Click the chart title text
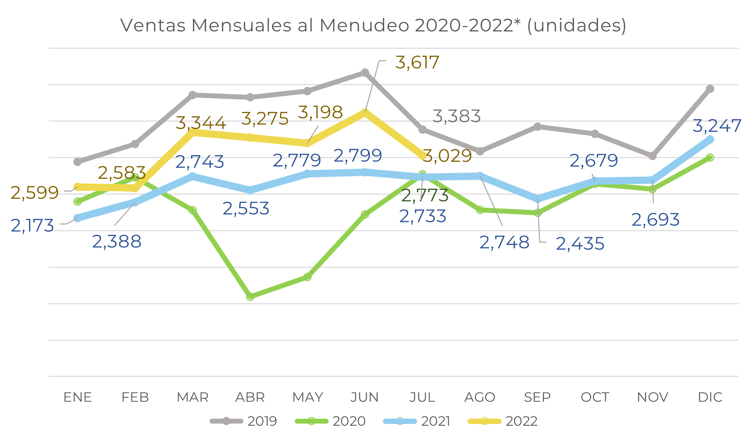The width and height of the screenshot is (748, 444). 373,26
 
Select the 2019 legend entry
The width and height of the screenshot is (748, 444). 244,421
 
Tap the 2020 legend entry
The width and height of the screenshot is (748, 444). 330,421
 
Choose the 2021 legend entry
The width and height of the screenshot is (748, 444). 417,421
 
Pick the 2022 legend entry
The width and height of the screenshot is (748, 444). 503,421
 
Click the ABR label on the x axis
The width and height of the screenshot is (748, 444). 250,397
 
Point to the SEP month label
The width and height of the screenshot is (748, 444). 537,397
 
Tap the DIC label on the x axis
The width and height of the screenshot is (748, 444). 710,397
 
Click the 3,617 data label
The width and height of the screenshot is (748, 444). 417,63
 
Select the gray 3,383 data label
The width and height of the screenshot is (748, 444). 457,116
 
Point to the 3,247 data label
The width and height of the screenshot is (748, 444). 717,126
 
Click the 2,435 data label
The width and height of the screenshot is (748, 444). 580,244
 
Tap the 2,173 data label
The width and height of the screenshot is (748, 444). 32,226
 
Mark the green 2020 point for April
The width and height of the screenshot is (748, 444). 250,296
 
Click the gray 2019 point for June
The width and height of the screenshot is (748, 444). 365,73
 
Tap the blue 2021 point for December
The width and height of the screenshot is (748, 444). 710,140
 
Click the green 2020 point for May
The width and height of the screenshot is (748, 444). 307,277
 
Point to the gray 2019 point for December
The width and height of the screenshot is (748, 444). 710,89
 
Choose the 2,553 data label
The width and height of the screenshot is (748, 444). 246,209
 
